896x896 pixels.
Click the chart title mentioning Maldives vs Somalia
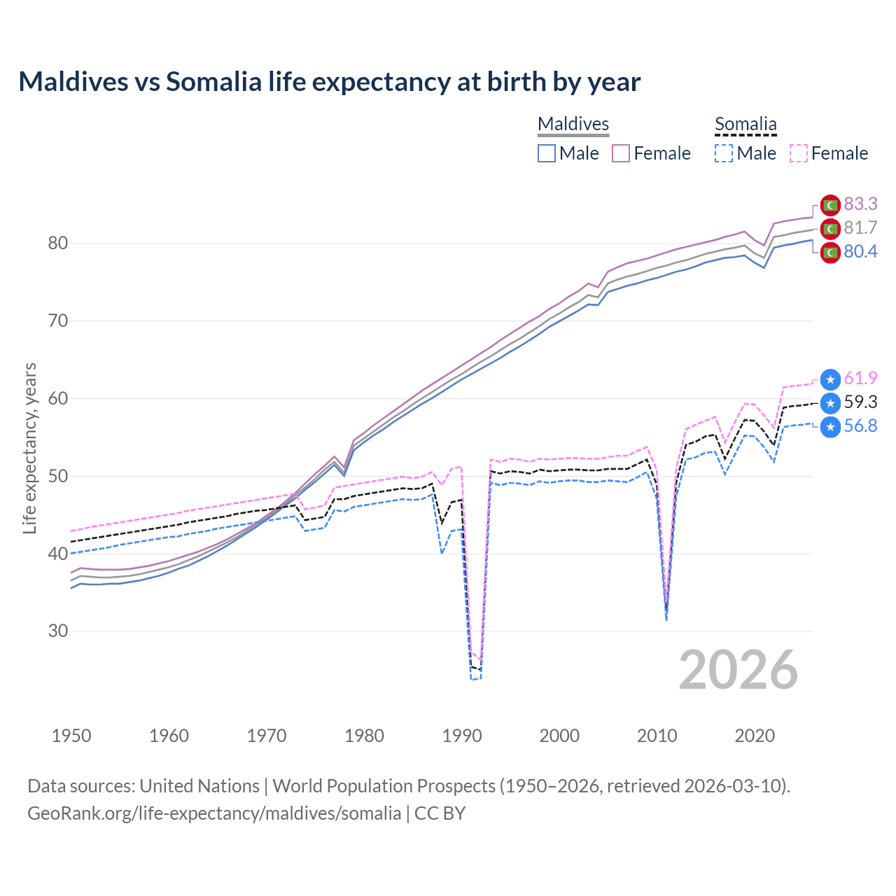point(329,82)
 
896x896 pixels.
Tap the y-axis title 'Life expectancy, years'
point(29,448)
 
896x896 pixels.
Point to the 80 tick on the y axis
point(57,244)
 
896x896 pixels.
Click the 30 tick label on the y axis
point(57,631)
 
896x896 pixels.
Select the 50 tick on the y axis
point(57,476)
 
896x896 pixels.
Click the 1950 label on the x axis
point(71,736)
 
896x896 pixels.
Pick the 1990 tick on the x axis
point(462,736)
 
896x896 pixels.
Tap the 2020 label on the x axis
point(755,736)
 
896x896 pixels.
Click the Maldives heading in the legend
point(573,124)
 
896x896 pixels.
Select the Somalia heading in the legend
point(745,124)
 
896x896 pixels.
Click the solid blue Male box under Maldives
point(547,153)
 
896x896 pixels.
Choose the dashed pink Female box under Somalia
point(799,153)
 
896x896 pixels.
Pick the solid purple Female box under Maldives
point(621,153)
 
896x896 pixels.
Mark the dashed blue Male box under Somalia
point(724,153)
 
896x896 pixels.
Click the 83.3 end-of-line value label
point(860,204)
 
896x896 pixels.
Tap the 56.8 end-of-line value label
point(860,426)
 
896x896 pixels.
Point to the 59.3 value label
point(860,402)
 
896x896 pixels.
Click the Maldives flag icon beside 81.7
point(830,229)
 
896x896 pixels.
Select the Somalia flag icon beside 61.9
point(830,379)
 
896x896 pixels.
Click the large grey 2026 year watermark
point(738,670)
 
